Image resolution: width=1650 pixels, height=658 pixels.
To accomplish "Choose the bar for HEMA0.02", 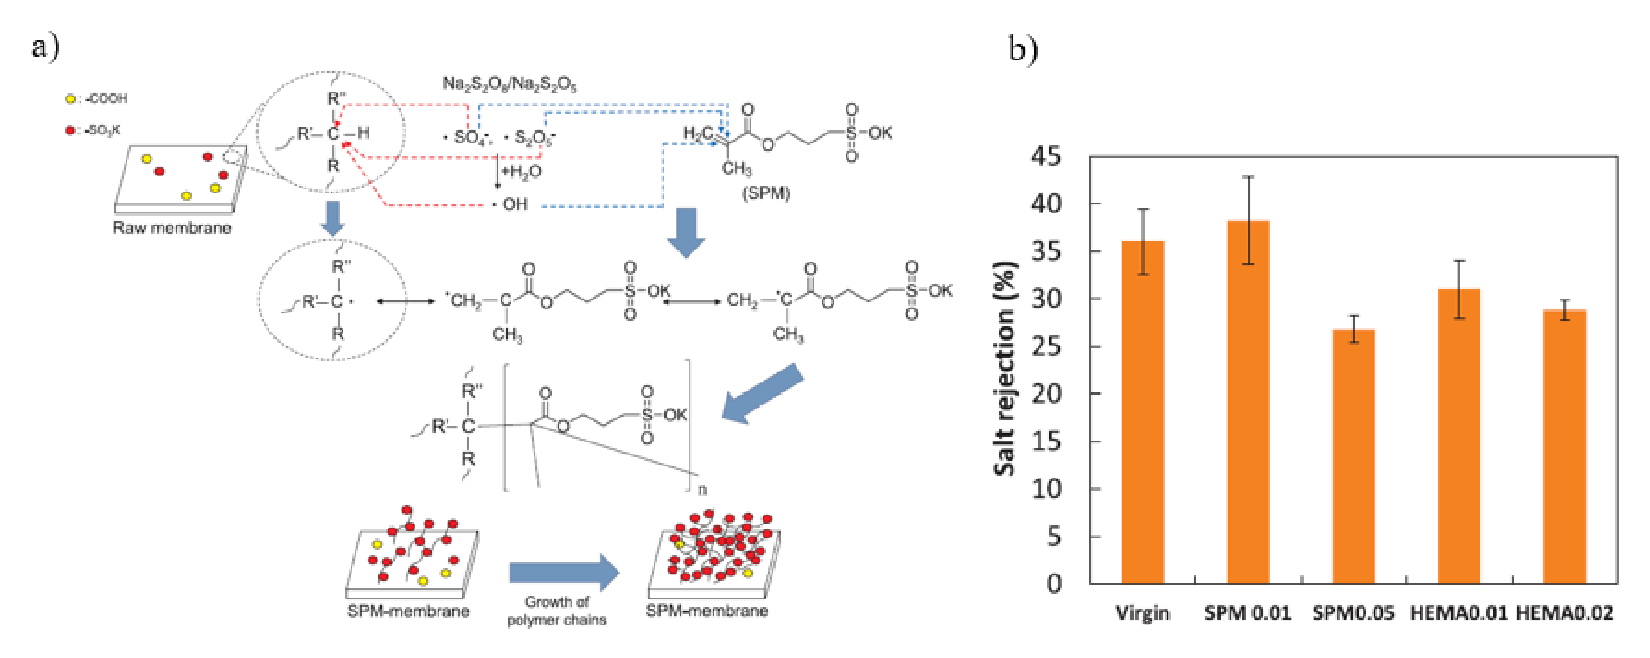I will (x=1564, y=447).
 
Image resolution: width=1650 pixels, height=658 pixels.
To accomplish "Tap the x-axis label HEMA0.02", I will (x=1564, y=613).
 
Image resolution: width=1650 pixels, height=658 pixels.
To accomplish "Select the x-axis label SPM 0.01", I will (x=1247, y=613).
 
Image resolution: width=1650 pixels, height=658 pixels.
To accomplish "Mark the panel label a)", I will (x=46, y=47).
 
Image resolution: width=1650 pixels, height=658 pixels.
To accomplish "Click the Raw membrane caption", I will (x=172, y=228).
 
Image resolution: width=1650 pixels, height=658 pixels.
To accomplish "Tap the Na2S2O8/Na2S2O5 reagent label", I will (x=509, y=84).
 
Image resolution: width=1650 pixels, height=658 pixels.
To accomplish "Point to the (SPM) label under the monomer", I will (x=766, y=193).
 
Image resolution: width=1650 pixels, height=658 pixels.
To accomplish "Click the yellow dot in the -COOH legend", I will (x=70, y=99).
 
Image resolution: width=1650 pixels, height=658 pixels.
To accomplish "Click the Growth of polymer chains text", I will (x=556, y=611).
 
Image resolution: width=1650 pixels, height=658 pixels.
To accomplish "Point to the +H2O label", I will (x=522, y=172).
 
